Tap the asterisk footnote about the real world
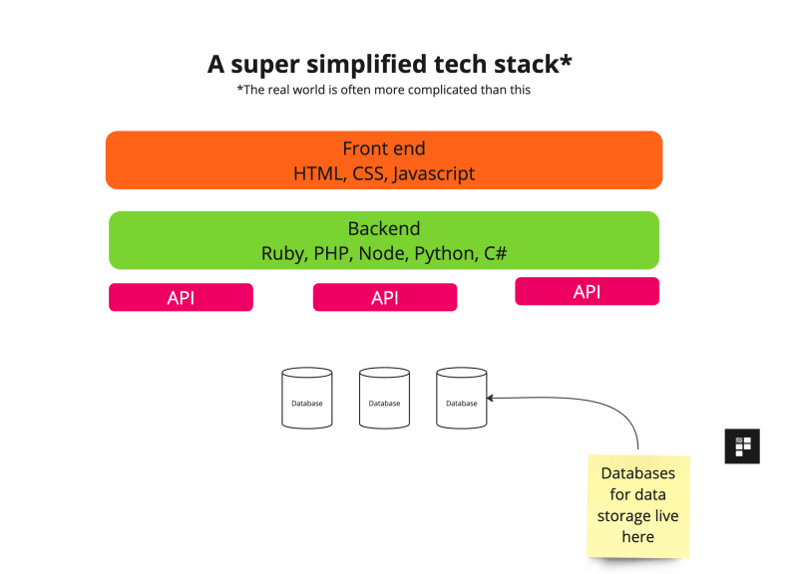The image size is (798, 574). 383,90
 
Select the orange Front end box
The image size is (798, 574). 384,159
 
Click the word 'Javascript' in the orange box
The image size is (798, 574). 433,173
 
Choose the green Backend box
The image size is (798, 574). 384,240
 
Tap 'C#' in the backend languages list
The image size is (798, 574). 495,254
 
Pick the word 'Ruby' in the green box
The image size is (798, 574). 283,254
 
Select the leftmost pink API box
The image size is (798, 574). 181,298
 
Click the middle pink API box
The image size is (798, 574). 385,298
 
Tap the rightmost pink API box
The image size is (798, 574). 587,291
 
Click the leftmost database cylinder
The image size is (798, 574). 306,399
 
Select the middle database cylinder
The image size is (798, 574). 384,399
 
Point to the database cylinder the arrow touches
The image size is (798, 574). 461,399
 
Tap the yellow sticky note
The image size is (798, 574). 637,505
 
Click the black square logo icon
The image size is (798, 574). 741,445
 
